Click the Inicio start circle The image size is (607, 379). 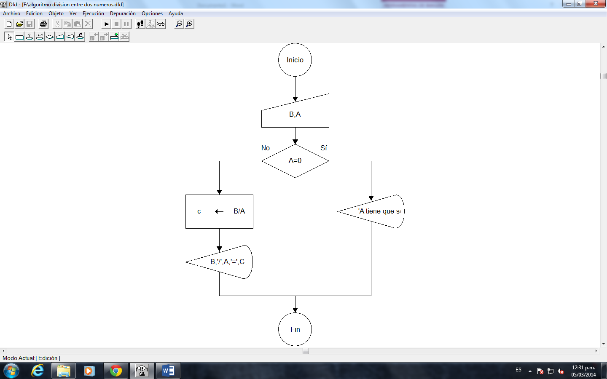pyautogui.click(x=295, y=60)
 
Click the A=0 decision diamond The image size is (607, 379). pyautogui.click(x=295, y=161)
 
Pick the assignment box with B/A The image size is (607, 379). pyautogui.click(x=219, y=211)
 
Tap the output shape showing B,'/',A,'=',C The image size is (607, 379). pyautogui.click(x=223, y=262)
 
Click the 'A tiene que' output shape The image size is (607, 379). pyautogui.click(x=375, y=211)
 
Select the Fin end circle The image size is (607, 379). pyautogui.click(x=295, y=329)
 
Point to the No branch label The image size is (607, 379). pyautogui.click(x=265, y=148)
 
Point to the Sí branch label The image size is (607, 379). pyautogui.click(x=323, y=148)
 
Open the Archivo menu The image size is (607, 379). pyautogui.click(x=11, y=13)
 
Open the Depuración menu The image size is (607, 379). pyautogui.click(x=123, y=13)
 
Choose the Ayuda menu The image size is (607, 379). pyautogui.click(x=175, y=13)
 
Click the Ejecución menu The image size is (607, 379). pyautogui.click(x=93, y=13)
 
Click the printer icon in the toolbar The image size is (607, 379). pyautogui.click(x=43, y=24)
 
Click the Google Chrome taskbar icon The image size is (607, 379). pyautogui.click(x=115, y=371)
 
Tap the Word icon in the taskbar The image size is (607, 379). pyautogui.click(x=168, y=371)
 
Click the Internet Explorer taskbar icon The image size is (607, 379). pyautogui.click(x=38, y=371)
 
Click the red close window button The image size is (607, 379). pyautogui.click(x=596, y=4)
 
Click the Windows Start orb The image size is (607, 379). pyautogui.click(x=11, y=371)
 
